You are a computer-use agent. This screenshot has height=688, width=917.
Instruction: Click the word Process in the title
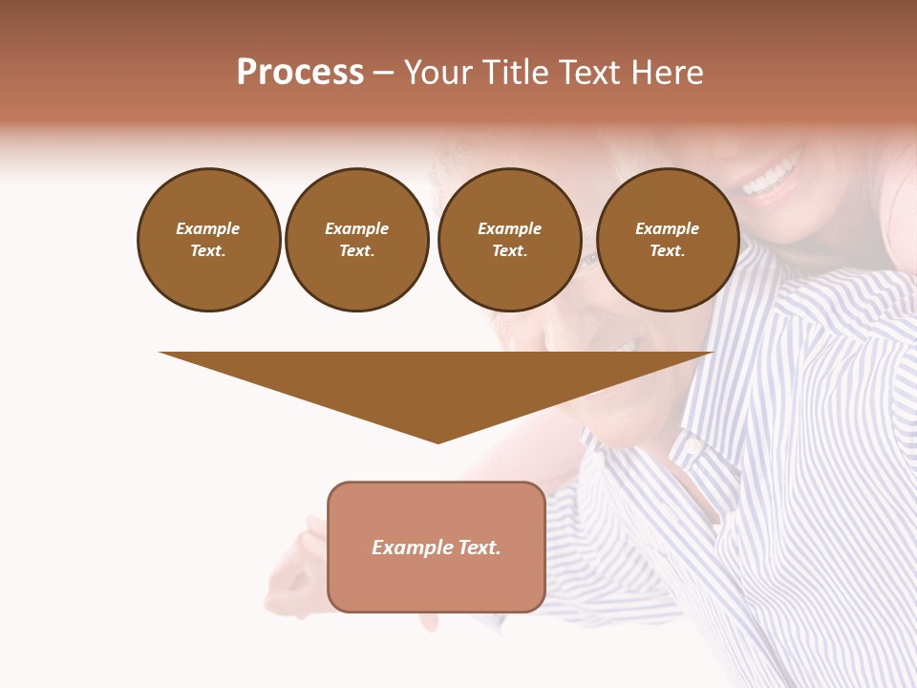(300, 73)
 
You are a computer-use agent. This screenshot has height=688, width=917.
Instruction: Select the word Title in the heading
(514, 73)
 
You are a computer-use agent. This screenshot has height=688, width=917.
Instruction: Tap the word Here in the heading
(665, 73)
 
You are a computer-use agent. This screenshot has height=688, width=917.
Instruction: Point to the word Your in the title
(439, 73)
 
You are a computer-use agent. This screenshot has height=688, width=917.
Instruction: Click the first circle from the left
(208, 240)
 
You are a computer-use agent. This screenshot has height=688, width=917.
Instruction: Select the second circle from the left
(356, 240)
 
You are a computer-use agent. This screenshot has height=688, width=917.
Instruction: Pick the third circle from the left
(509, 240)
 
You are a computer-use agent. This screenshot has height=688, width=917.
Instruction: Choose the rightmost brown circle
(667, 240)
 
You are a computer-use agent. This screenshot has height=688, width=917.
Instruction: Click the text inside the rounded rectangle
(437, 548)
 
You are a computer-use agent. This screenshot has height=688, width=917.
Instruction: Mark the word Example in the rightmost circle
(667, 228)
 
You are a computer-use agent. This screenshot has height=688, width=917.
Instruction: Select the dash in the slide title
(384, 73)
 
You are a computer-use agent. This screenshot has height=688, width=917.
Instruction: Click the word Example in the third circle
(509, 228)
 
